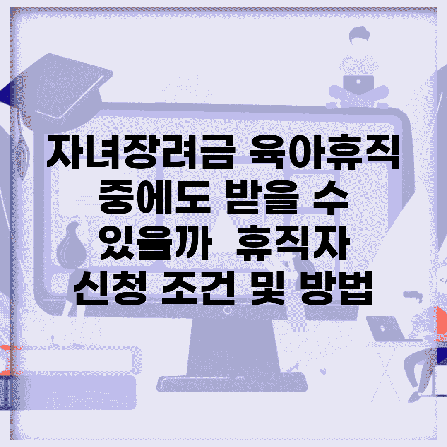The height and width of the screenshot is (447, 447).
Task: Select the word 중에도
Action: tap(154, 197)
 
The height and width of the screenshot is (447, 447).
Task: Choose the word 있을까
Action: tap(156, 243)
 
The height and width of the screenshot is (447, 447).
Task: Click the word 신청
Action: tap(111, 288)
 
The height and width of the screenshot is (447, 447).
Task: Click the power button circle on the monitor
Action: tap(227, 310)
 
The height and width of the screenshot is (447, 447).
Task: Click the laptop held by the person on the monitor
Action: tap(358, 84)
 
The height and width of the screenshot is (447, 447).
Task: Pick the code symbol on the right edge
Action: tap(443, 281)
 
